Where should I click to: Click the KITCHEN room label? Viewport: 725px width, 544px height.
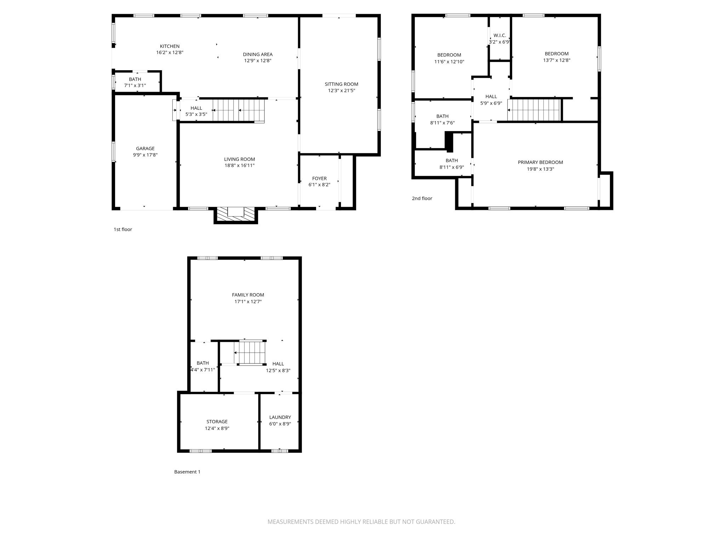170,46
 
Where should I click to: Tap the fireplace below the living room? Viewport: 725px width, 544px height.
236,214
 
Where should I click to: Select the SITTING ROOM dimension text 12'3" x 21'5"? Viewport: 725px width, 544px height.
341,91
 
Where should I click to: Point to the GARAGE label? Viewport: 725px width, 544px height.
145,148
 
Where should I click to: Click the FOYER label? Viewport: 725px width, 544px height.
319,178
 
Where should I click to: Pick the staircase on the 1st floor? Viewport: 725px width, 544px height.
239,110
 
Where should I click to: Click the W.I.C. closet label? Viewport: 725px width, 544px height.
499,35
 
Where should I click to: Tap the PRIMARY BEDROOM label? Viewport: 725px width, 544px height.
540,162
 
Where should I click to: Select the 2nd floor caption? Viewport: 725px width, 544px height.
422,198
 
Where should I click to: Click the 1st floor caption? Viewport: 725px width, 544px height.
123,229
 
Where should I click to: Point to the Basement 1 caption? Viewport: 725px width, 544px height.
187,472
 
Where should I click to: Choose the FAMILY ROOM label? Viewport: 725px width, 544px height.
248,295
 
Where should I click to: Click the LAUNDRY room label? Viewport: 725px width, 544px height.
280,417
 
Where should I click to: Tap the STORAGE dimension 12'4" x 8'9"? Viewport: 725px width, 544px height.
217,428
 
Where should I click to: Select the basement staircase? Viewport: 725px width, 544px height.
250,352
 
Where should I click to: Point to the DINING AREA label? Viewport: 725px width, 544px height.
258,54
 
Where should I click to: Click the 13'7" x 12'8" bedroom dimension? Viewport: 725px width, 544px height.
556,60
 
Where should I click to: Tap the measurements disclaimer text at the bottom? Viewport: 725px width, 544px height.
361,522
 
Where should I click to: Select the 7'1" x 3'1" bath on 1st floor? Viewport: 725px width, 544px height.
135,85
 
